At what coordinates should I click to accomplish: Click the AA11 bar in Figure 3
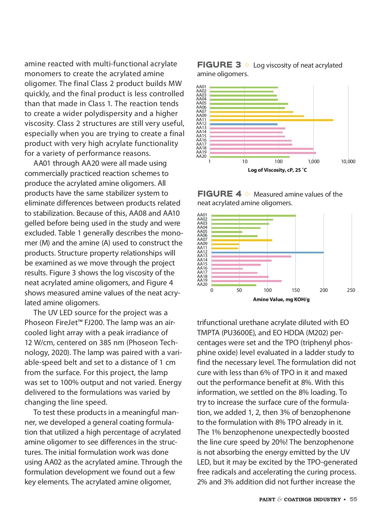pyautogui.click(x=272, y=120)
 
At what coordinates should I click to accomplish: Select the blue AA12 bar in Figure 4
pyautogui.click(x=267, y=252)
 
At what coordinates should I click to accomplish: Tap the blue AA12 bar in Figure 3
pyautogui.click(x=244, y=124)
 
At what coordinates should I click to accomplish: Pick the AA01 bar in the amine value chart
pyautogui.click(x=253, y=216)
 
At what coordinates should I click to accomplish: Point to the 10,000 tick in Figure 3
pyautogui.click(x=348, y=162)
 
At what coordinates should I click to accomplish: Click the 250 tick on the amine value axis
pyautogui.click(x=351, y=290)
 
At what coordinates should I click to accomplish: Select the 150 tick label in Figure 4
pyautogui.click(x=296, y=290)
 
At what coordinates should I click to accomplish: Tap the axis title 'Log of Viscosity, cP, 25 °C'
pyautogui.click(x=277, y=170)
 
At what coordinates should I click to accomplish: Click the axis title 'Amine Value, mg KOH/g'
pyautogui.click(x=281, y=300)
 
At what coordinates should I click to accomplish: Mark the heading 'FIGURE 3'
pyautogui.click(x=219, y=65)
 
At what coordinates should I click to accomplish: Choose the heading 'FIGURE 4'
pyautogui.click(x=219, y=194)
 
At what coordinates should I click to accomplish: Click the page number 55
pyautogui.click(x=353, y=499)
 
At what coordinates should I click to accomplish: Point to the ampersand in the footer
pyautogui.click(x=279, y=499)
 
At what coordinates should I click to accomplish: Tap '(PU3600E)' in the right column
pyautogui.click(x=238, y=333)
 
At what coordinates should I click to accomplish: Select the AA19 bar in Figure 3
pyautogui.click(x=263, y=153)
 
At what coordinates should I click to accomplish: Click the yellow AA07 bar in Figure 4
pyautogui.click(x=242, y=240)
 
